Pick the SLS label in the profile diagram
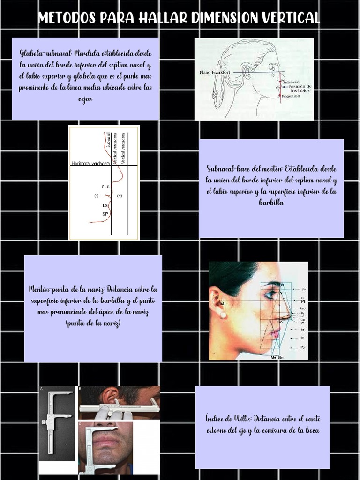105,187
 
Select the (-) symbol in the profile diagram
96,195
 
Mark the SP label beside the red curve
105,214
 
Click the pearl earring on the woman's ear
223,315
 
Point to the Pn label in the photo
304,290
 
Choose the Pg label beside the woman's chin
303,347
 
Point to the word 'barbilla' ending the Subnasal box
271,202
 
